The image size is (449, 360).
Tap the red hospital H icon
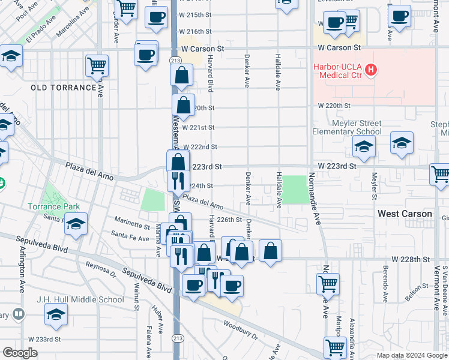tap(372, 70)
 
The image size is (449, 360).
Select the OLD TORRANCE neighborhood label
tap(64, 88)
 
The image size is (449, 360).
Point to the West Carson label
tap(405, 214)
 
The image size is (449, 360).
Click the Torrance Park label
tap(53, 206)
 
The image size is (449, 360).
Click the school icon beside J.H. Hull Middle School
tap(56, 314)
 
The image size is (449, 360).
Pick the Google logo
tap(20, 352)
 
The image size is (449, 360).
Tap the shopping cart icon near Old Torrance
tap(97, 65)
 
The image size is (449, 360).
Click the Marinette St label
tap(132, 226)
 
